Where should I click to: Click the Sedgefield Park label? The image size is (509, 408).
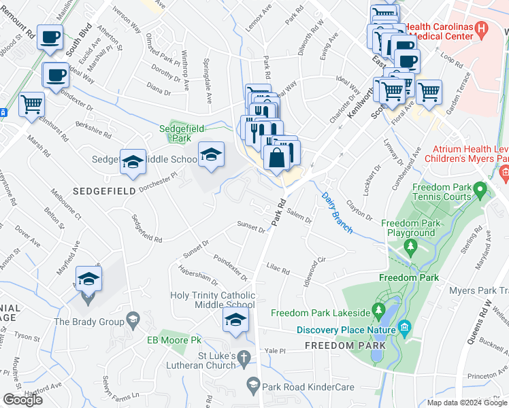tap(182, 133)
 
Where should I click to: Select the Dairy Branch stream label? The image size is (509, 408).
tap(336, 211)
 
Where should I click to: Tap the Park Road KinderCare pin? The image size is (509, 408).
tap(253, 386)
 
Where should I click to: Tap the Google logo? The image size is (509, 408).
tap(23, 400)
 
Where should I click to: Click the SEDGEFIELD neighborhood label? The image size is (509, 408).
tap(106, 192)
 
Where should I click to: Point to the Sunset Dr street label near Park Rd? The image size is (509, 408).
tap(250, 227)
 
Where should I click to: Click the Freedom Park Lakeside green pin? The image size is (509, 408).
tap(378, 313)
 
